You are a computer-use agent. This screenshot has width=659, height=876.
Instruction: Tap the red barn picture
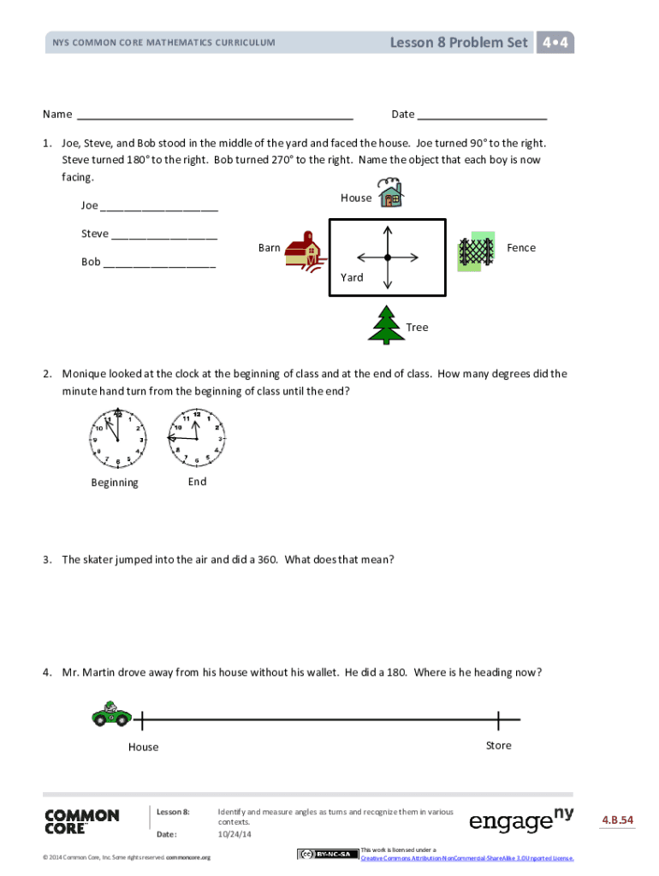pyautogui.click(x=302, y=249)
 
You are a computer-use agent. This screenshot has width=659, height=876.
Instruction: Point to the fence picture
pyautogui.click(x=476, y=252)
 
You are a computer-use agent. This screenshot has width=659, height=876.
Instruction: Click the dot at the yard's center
pyautogui.click(x=388, y=257)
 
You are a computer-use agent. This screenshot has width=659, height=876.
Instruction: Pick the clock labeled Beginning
pyautogui.click(x=118, y=437)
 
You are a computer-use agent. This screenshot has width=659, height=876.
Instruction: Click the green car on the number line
pyautogui.click(x=110, y=713)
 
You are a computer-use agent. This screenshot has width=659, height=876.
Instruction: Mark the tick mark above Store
pyautogui.click(x=498, y=720)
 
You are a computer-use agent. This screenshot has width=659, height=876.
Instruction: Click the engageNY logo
pyautogui.click(x=521, y=820)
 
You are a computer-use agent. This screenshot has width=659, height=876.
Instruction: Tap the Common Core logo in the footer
pyautogui.click(x=82, y=821)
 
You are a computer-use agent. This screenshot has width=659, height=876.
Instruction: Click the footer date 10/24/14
pyautogui.click(x=235, y=834)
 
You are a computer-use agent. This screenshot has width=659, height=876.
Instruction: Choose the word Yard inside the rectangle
pyautogui.click(x=352, y=277)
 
